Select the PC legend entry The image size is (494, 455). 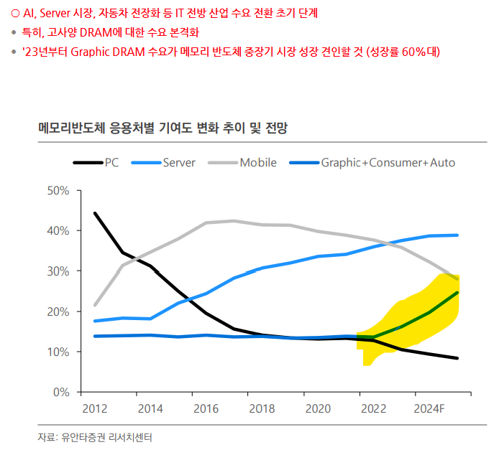coord(111,163)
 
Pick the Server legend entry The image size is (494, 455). coord(179,163)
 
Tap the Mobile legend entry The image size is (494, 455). coord(258,163)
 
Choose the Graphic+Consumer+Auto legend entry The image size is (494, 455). coord(388,163)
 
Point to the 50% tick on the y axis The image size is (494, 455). coord(57,191)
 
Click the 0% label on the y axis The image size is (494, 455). coord(60,393)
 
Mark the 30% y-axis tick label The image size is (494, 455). coord(57,271)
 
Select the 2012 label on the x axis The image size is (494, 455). coord(95,410)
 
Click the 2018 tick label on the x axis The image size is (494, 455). coord(262,410)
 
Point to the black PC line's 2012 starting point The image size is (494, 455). coord(96,213)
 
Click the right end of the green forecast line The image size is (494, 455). coord(457,293)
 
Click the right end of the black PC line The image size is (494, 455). coord(457,358)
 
